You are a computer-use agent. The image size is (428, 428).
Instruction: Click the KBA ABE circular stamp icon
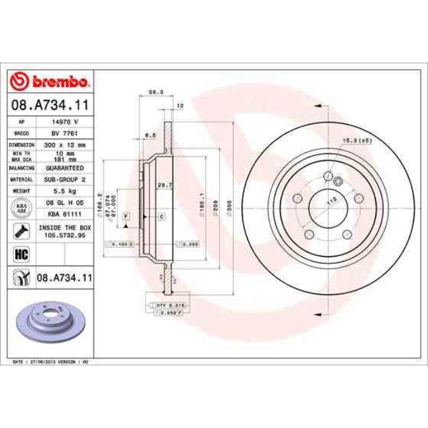pyautogui.click(x=20, y=208)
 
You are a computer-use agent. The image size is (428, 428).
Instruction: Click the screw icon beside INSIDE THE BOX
pyautogui.click(x=20, y=231)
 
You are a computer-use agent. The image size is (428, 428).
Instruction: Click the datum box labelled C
pyautogui.click(x=161, y=216)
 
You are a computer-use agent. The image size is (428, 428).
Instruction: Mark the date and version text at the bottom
pyautogui.click(x=53, y=361)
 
